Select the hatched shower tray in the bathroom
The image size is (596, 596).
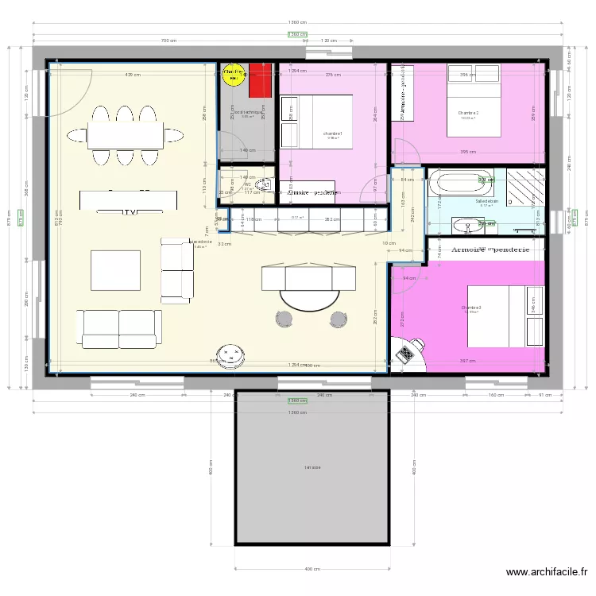525,188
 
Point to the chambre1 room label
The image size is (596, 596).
332,134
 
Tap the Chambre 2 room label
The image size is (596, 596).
468,113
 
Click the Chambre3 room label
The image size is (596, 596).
471,308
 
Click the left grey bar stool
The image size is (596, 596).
285,319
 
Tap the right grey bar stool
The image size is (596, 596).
339,319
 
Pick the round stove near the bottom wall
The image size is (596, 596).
232,356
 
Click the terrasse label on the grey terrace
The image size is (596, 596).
312,468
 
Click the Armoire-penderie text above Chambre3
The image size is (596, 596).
490,250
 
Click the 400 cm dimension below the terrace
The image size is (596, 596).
312,569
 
